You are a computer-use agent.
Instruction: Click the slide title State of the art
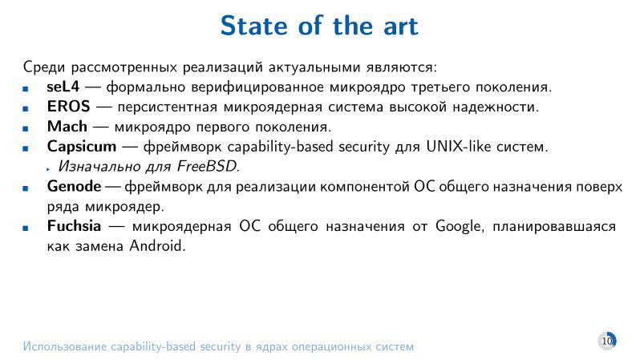pyautogui.click(x=319, y=26)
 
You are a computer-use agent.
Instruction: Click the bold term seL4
pyautogui.click(x=62, y=87)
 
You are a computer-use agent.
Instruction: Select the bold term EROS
pyautogui.click(x=68, y=107)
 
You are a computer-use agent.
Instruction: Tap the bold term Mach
pyautogui.click(x=67, y=127)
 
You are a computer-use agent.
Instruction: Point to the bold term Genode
pyautogui.click(x=74, y=187)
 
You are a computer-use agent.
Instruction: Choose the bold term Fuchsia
pyautogui.click(x=75, y=227)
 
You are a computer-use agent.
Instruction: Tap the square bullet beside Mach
pyautogui.click(x=26, y=128)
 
